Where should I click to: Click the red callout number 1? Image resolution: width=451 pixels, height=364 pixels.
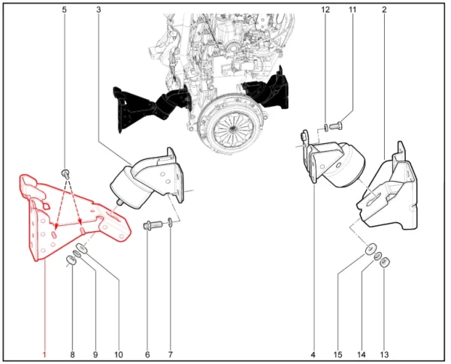[44, 355]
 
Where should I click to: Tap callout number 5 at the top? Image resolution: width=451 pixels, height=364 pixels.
[64, 10]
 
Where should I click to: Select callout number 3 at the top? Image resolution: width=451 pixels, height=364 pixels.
[98, 10]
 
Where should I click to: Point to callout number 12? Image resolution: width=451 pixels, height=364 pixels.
[325, 10]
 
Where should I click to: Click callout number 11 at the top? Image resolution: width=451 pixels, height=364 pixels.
[353, 10]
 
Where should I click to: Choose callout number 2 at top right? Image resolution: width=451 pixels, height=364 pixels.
[384, 10]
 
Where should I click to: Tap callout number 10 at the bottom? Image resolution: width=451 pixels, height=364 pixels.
[119, 355]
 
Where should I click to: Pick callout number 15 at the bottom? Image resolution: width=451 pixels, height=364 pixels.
[338, 355]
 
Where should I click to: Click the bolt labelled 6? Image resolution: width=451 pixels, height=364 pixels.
[153, 224]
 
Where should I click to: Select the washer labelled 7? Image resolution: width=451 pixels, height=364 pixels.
[171, 222]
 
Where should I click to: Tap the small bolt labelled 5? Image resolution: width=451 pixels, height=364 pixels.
[65, 173]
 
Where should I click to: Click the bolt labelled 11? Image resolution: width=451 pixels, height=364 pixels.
[335, 126]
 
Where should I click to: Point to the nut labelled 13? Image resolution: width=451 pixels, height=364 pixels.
[384, 262]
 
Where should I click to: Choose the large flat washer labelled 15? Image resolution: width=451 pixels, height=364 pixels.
[371, 249]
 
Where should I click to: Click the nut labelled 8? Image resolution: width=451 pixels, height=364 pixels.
[71, 260]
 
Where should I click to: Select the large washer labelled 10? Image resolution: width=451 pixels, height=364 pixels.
[82, 248]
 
